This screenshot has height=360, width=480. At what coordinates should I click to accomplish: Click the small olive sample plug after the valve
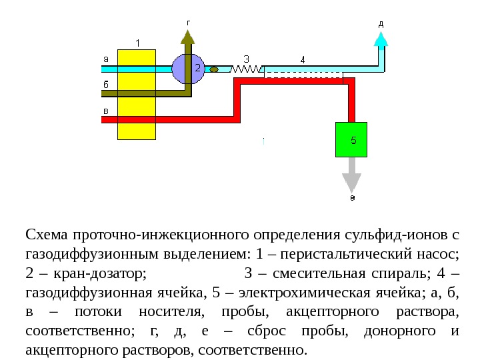[215, 69]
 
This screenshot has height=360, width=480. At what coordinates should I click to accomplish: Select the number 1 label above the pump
[137, 43]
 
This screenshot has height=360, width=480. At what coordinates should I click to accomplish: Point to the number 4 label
[303, 59]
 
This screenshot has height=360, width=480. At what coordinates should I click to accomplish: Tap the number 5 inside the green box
[353, 140]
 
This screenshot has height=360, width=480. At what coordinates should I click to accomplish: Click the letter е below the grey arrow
[352, 198]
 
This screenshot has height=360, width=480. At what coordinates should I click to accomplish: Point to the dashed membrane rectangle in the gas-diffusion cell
[303, 74]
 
